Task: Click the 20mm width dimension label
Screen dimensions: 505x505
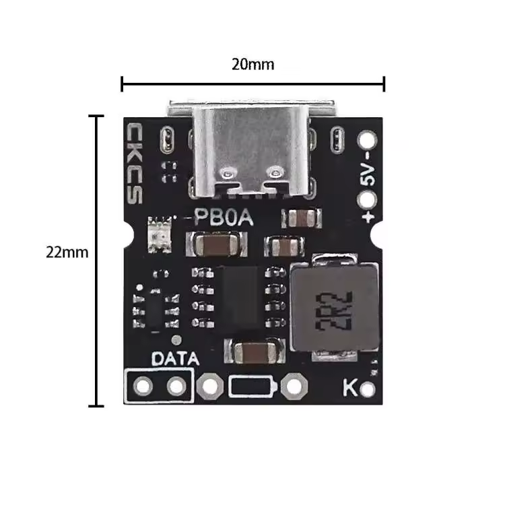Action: (252, 65)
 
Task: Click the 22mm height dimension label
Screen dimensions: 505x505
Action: (67, 252)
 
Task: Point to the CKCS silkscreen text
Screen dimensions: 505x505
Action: (135, 162)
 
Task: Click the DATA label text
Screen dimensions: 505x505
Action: (174, 359)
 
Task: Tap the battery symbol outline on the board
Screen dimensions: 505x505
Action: (252, 386)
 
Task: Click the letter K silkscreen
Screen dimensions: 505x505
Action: (349, 389)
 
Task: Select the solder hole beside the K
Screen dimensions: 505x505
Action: (368, 390)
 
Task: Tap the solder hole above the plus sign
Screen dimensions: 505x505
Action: (368, 200)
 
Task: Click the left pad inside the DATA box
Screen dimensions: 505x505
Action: (143, 386)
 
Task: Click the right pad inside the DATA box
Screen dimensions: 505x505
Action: (176, 386)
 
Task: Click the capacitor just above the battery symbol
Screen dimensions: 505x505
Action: (252, 351)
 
